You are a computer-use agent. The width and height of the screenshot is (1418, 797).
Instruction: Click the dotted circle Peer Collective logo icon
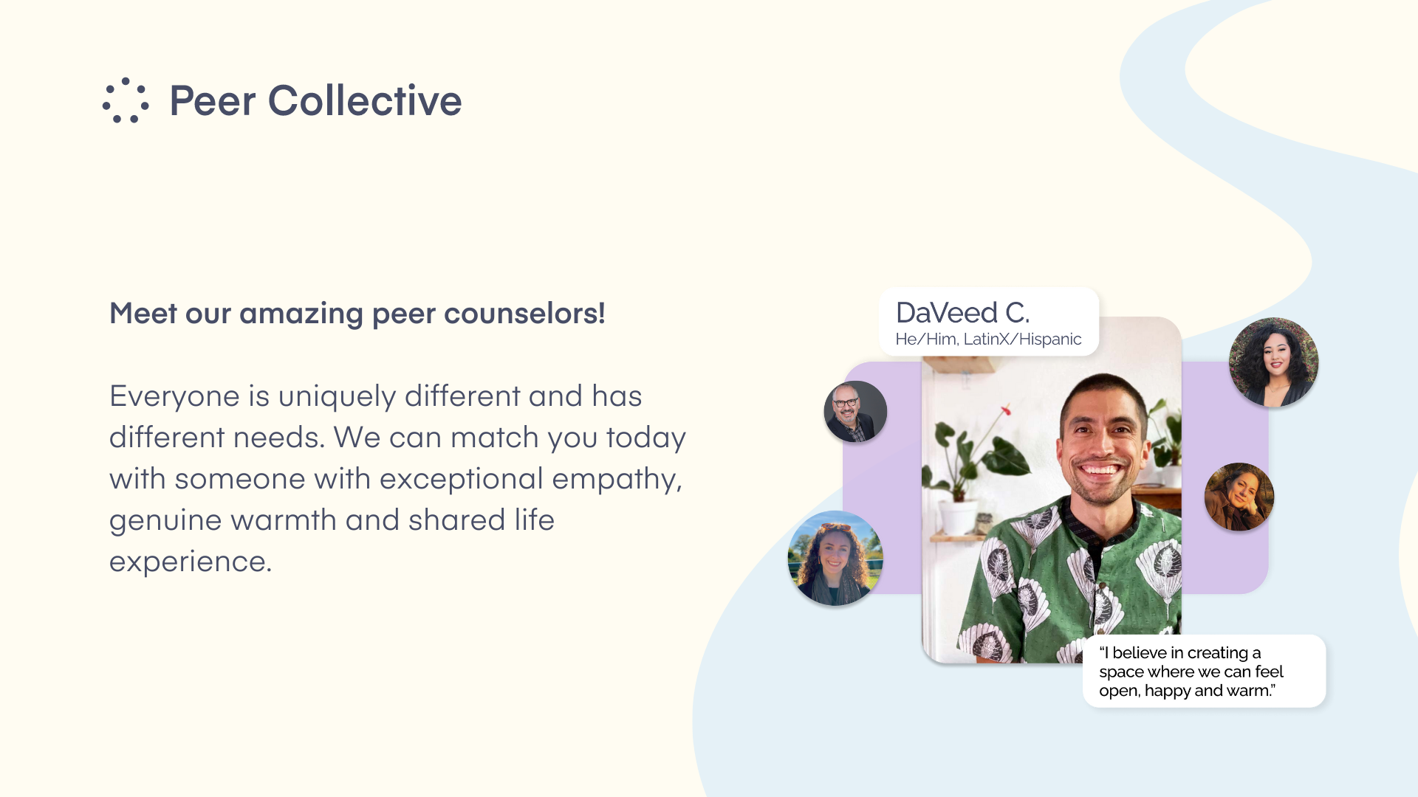click(126, 100)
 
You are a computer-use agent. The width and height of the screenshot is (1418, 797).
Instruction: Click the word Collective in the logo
click(365, 100)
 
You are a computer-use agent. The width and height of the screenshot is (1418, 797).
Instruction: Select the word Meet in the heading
click(143, 313)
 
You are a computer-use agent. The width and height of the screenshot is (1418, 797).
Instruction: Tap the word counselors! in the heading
click(525, 313)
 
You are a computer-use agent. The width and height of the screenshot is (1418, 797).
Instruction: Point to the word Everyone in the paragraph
click(174, 397)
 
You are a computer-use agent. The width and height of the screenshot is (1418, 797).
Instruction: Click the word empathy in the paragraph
click(614, 480)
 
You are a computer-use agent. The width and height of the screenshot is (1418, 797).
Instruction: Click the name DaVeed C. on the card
click(962, 313)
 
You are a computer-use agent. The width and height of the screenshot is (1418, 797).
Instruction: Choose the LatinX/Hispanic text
click(1022, 339)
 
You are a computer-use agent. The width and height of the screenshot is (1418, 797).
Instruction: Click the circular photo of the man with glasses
click(855, 412)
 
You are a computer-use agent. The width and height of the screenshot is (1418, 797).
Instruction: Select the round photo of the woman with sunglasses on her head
click(835, 558)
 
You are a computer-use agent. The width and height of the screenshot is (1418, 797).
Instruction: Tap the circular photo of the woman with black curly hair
click(1273, 362)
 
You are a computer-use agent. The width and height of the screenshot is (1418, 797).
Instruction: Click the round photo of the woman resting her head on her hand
click(1239, 497)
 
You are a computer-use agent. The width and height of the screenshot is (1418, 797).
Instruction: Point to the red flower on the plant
click(1005, 410)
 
